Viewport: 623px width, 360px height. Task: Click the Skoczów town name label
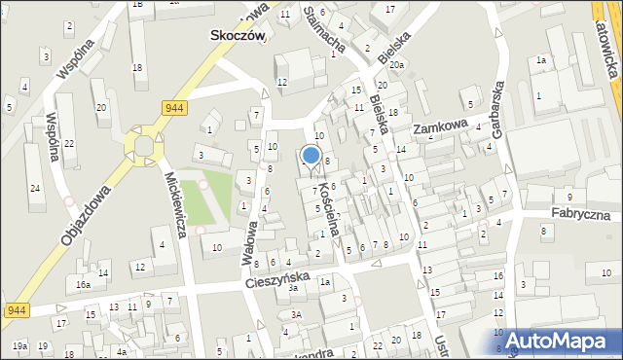[x=238, y=33]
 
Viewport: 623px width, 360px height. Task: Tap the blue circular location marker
[x=311, y=155]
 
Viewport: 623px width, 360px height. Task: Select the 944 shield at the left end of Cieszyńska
[x=15, y=310]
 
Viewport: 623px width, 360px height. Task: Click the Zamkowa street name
[x=440, y=127]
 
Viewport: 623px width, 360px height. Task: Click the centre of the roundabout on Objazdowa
[x=144, y=146]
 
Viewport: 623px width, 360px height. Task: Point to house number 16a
[x=84, y=284]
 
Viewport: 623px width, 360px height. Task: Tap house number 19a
[x=19, y=345]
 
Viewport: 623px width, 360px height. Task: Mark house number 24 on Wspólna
[x=34, y=187]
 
